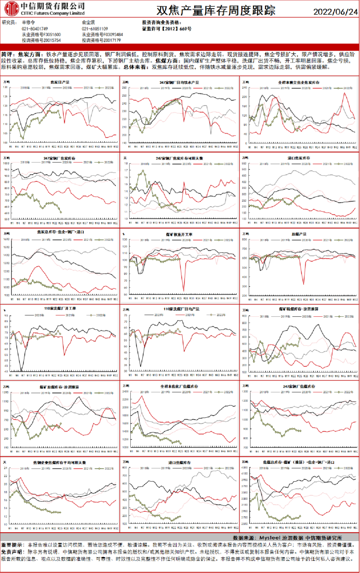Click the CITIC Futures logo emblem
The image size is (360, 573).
click(11, 8)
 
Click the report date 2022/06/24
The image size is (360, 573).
click(335, 12)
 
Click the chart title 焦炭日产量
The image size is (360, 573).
click(60, 82)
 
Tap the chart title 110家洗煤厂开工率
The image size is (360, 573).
click(60, 308)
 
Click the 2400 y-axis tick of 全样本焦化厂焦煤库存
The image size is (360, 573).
click(125, 392)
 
